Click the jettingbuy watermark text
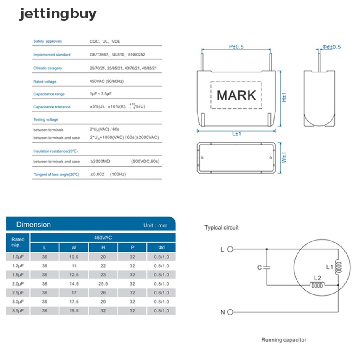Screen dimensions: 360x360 point(58,14)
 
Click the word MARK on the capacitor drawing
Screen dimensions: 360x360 point(236,96)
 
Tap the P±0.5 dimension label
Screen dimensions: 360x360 point(236,47)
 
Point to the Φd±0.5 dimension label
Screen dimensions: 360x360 point(332,47)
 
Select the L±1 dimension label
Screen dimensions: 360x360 point(236,134)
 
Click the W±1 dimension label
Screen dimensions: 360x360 point(284,157)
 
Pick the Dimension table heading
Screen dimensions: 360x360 point(34,224)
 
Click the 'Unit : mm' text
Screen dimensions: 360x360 point(155,225)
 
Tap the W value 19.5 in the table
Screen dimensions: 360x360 point(73,310)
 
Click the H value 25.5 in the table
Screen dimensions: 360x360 point(103,284)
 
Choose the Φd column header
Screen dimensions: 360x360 point(161,247)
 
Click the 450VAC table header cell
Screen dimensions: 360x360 point(103,238)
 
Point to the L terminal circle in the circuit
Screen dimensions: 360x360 point(230,250)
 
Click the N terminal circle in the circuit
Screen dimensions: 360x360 point(230,312)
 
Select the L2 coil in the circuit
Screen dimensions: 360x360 point(317,285)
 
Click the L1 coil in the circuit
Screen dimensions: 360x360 point(338,268)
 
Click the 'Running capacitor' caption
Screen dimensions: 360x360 point(284,340)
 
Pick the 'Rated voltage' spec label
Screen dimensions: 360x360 point(45,82)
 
